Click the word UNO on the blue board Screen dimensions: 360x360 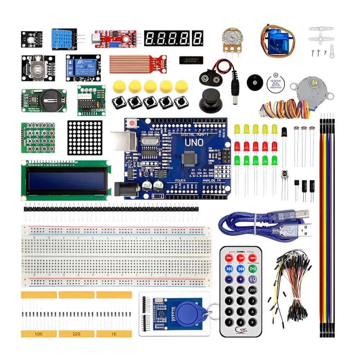194,142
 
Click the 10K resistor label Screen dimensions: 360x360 39,334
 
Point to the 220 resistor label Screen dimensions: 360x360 76,334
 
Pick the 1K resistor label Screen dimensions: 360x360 114,334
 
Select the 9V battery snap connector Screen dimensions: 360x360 207,76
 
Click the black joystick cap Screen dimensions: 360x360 211,101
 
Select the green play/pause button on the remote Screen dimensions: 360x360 253,268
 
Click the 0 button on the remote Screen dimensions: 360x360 229,290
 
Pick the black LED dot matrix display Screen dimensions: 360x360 85,137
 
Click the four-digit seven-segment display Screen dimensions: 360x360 167,38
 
